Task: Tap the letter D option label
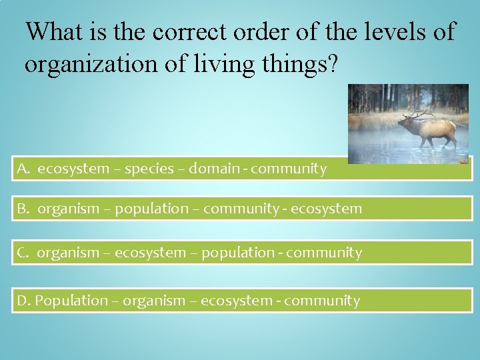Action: click(x=24, y=301)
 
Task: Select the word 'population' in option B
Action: click(x=152, y=209)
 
